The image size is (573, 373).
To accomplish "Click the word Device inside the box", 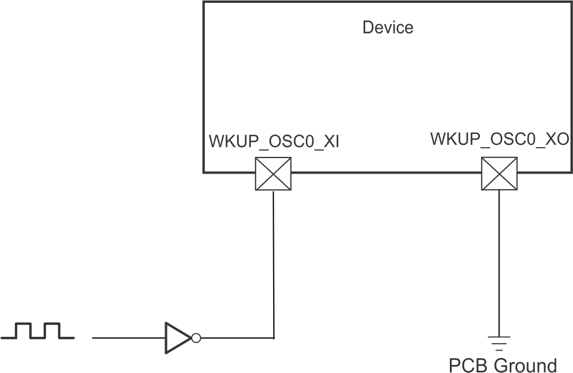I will pos(387,27).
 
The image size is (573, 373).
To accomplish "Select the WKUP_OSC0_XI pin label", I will pos(273,142).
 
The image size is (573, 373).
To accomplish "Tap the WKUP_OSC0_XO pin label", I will pos(499,139).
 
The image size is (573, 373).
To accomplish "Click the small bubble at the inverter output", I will pos(196,338).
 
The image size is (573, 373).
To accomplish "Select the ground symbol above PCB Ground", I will pos(499,344).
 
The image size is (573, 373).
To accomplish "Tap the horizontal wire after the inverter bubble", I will pos(236,338).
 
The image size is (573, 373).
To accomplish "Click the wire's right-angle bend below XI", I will pos(273,338).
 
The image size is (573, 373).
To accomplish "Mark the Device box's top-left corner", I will pos(203,2).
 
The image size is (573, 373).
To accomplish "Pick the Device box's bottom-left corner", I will pos(203,172).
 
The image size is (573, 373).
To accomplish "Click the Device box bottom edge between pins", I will pos(385,172).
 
